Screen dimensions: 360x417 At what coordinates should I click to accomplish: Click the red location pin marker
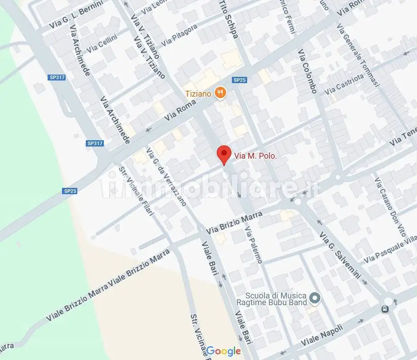pyautogui.click(x=224, y=155)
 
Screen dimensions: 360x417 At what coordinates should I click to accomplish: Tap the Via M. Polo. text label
pyautogui.click(x=255, y=156)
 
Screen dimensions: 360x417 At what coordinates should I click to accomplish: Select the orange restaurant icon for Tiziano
pyautogui.click(x=220, y=93)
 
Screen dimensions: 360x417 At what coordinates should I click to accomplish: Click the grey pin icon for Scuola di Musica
pyautogui.click(x=315, y=298)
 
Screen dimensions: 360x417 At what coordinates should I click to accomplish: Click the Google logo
pyautogui.click(x=224, y=351)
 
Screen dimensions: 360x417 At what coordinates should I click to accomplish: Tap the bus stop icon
pyautogui.click(x=385, y=309)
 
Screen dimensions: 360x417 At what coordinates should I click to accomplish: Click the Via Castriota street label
pyautogui.click(x=344, y=84)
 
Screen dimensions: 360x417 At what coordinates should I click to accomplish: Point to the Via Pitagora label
pyautogui.click(x=179, y=35)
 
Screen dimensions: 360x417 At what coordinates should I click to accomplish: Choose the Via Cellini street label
pyautogui.click(x=102, y=44)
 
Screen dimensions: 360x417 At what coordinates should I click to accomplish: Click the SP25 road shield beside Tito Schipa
pyautogui.click(x=239, y=80)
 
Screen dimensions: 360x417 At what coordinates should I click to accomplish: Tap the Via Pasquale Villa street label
pyautogui.click(x=390, y=252)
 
